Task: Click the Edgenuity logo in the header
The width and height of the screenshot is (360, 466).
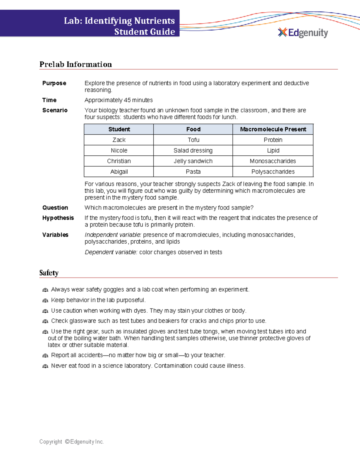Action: tap(303, 33)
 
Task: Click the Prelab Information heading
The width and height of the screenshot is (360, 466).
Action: tap(76, 65)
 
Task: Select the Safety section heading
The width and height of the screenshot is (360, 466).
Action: tap(49, 273)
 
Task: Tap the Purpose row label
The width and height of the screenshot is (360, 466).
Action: tap(54, 83)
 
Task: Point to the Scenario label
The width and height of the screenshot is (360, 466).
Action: tap(55, 110)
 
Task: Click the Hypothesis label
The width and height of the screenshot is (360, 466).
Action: tap(58, 218)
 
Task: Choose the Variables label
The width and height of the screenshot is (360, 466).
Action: tap(55, 235)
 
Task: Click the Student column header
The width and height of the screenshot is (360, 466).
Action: tap(119, 129)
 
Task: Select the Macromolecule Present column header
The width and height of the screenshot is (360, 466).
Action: tap(273, 129)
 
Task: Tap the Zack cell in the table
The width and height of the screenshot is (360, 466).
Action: tap(119, 140)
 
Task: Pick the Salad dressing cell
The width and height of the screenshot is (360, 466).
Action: tap(193, 150)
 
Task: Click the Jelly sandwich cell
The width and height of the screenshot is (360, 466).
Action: tap(193, 161)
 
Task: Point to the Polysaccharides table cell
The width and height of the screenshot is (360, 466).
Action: tap(273, 172)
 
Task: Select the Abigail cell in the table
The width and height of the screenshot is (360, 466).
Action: tap(119, 172)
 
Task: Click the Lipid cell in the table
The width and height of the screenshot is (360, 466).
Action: tap(273, 150)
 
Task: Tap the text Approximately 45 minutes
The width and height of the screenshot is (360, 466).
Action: tap(118, 100)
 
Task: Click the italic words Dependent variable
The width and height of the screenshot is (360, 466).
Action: tap(111, 252)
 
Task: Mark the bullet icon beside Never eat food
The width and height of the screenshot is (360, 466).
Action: tap(45, 366)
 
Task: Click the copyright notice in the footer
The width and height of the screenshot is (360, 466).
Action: tap(71, 442)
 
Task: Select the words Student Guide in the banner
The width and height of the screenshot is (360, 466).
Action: tap(145, 32)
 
